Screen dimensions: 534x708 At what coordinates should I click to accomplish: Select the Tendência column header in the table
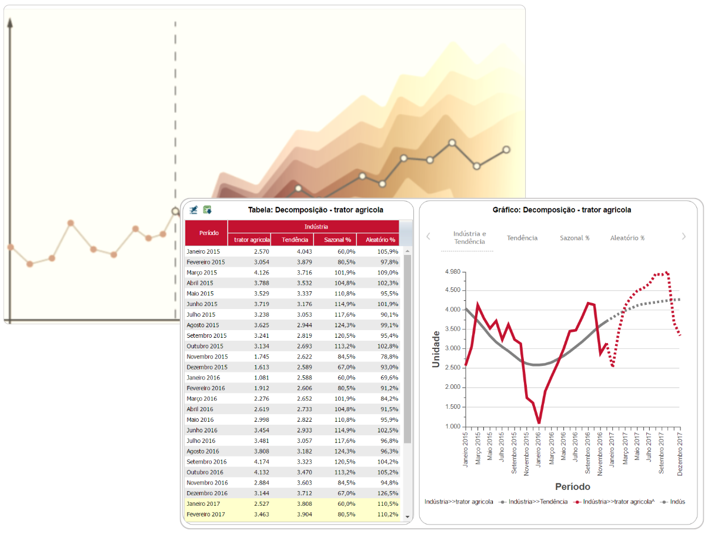click(292, 240)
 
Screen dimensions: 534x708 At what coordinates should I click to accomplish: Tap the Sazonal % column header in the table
click(335, 240)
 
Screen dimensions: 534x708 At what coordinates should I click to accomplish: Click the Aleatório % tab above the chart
click(627, 238)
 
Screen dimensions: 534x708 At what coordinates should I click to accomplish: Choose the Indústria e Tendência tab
click(469, 237)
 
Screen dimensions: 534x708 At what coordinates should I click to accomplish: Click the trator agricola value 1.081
click(261, 378)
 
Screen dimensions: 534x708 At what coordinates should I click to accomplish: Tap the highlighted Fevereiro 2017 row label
click(206, 515)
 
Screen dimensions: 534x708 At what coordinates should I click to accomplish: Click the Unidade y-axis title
click(436, 349)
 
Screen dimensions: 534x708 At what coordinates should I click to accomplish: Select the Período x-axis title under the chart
click(572, 486)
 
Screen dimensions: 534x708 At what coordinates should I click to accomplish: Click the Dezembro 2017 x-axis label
click(680, 455)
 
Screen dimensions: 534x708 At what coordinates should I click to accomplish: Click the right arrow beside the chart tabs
click(684, 236)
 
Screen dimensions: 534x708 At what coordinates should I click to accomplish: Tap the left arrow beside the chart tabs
click(428, 236)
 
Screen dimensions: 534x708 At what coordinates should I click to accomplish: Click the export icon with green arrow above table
click(207, 210)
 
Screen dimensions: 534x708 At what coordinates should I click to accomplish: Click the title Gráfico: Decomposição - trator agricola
click(562, 210)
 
